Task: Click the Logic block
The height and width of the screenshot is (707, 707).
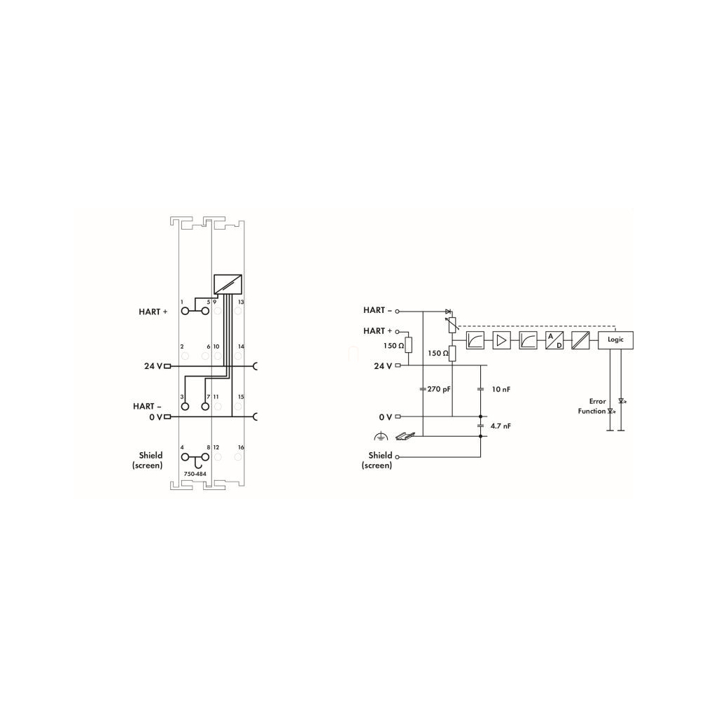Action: [x=615, y=340]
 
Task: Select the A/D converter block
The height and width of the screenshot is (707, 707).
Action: [x=554, y=340]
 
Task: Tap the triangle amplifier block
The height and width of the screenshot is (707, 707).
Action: [x=501, y=340]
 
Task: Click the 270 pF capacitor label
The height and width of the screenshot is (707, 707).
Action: [x=439, y=388]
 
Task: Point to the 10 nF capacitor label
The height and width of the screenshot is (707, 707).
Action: [x=501, y=389]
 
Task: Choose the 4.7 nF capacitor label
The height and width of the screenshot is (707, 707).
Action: [x=501, y=426]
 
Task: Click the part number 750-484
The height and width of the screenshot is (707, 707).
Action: [x=195, y=474]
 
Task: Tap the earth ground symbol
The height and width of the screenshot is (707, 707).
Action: [x=381, y=436]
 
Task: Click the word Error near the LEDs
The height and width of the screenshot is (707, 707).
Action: [x=597, y=401]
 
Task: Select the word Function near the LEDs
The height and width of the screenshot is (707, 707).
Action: [x=591, y=411]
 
